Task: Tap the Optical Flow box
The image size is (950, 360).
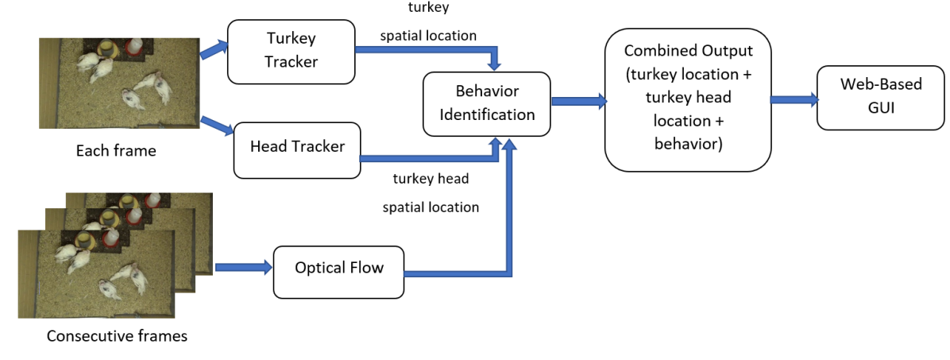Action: [x=338, y=268]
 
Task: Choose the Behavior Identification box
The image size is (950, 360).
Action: [x=487, y=103]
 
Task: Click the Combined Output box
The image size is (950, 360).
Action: [x=687, y=100]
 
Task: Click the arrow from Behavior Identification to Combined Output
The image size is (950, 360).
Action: [x=577, y=101]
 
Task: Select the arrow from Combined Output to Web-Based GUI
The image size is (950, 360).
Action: [x=794, y=99]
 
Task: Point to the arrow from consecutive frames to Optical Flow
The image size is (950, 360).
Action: [x=242, y=268]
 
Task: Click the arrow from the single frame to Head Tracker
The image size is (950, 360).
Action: [x=216, y=125]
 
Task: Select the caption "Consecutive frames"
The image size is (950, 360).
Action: [x=117, y=336]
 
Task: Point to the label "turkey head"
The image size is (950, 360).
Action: [x=431, y=179]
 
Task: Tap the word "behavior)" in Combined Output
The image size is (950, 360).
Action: [x=687, y=145]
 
